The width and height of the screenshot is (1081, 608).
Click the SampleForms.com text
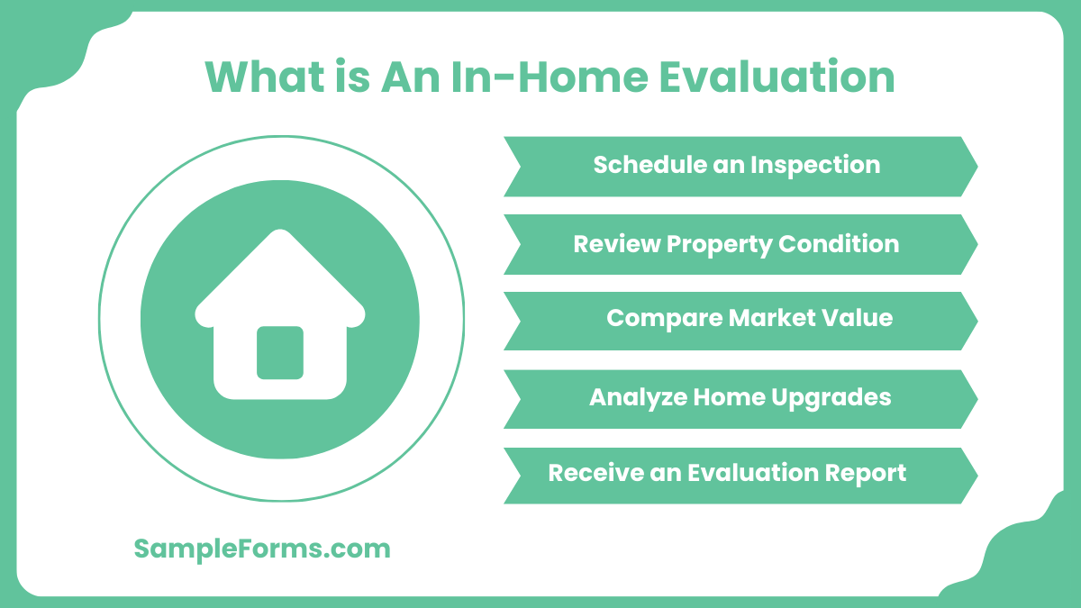click(x=262, y=549)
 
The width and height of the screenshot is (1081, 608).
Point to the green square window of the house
click(x=280, y=352)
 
